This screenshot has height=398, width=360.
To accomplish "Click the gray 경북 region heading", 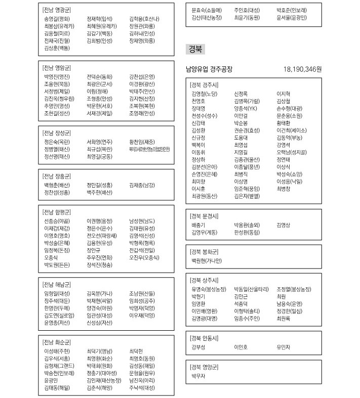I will [195, 49].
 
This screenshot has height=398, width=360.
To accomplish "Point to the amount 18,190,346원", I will [303, 69].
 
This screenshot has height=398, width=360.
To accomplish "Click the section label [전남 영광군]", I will [57, 10].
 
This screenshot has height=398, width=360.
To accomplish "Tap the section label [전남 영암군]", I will [57, 67].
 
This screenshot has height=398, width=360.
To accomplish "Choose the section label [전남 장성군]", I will [57, 132].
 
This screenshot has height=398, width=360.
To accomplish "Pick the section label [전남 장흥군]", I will [57, 176].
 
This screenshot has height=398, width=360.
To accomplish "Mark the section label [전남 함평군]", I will [57, 212].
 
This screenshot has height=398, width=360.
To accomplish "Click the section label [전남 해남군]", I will [57, 284].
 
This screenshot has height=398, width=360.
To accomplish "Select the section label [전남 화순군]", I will [57, 341].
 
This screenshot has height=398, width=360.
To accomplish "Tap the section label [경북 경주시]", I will [204, 85].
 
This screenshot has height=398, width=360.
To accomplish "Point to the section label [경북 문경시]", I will [204, 216].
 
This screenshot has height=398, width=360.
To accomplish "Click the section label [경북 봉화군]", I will [204, 251].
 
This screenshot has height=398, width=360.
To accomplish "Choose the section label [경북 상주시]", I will [204, 280].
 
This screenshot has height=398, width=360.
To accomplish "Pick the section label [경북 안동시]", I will [204, 338].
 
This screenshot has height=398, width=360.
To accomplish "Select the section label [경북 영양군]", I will [204, 367].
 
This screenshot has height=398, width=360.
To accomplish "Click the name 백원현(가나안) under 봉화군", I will [206, 260].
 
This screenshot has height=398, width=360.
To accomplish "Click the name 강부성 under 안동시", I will [198, 347].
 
